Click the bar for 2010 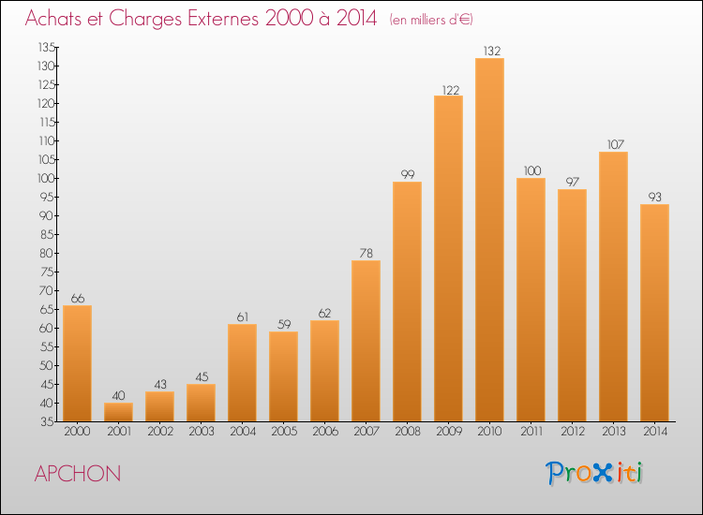[x=489, y=240]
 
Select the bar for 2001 [x=118, y=412]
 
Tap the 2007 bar [x=366, y=341]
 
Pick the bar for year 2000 [x=77, y=363]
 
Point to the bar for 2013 [x=613, y=287]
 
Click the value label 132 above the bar [x=492, y=51]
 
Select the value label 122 [x=451, y=91]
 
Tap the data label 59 [x=284, y=324]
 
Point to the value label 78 [x=366, y=253]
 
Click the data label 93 [x=654, y=197]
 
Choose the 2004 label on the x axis [x=243, y=432]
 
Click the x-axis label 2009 [x=449, y=432]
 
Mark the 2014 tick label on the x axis [x=655, y=432]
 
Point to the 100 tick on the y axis [x=46, y=178]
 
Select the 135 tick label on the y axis [x=47, y=47]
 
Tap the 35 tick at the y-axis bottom [x=48, y=422]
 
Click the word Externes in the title [x=223, y=19]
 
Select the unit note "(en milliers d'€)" [x=431, y=20]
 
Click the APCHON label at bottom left [x=78, y=474]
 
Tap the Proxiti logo [x=594, y=473]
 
